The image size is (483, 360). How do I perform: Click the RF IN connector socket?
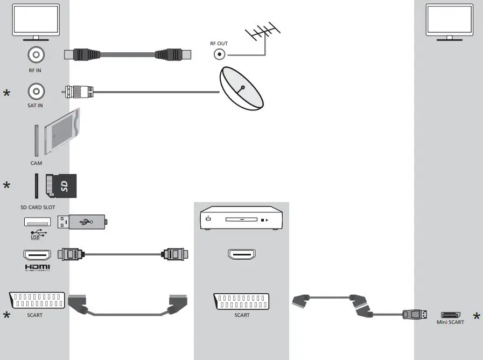35,54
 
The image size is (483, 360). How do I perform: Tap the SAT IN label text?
35,106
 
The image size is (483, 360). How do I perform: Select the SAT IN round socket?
35,91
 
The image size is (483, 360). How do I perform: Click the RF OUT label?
219,43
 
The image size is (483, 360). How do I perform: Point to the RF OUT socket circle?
219,54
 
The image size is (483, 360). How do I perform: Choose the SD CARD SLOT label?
34,207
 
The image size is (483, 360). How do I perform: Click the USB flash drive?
83,221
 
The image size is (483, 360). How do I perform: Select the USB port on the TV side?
37,221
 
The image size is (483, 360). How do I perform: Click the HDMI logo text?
37,267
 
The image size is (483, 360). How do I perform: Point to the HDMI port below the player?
242,254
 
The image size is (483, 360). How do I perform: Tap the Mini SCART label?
450,322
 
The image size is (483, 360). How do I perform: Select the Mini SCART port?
451,314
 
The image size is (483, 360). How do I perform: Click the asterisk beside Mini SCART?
477,317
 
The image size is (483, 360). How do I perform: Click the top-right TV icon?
450,20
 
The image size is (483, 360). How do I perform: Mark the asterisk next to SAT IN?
6,94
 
